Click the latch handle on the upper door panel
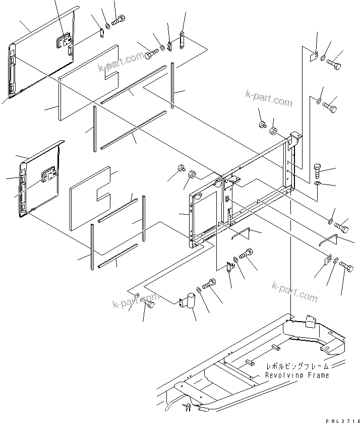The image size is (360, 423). [x=65, y=41]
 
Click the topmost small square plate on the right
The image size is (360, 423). [x=313, y=57]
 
